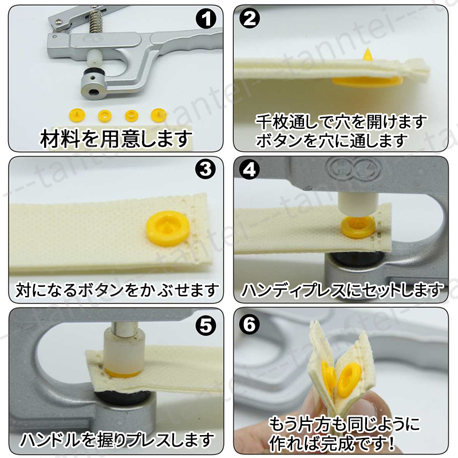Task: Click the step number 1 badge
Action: coord(206,19)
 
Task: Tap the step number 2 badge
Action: coord(250,19)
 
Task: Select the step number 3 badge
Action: coord(206,170)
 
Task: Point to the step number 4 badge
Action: coord(250,169)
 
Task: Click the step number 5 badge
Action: coord(206,326)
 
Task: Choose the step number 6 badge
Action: coord(250,324)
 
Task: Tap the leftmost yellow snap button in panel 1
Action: coord(76,116)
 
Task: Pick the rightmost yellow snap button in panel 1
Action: coord(159,115)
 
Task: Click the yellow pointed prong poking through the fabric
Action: coord(367,54)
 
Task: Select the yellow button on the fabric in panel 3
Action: coord(168,224)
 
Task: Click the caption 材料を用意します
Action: coord(116,139)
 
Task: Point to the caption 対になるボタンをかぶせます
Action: coord(117,290)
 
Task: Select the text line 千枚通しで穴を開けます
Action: coord(341,121)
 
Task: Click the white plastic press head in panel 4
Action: coord(358,203)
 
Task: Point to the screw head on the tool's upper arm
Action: coord(59,20)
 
